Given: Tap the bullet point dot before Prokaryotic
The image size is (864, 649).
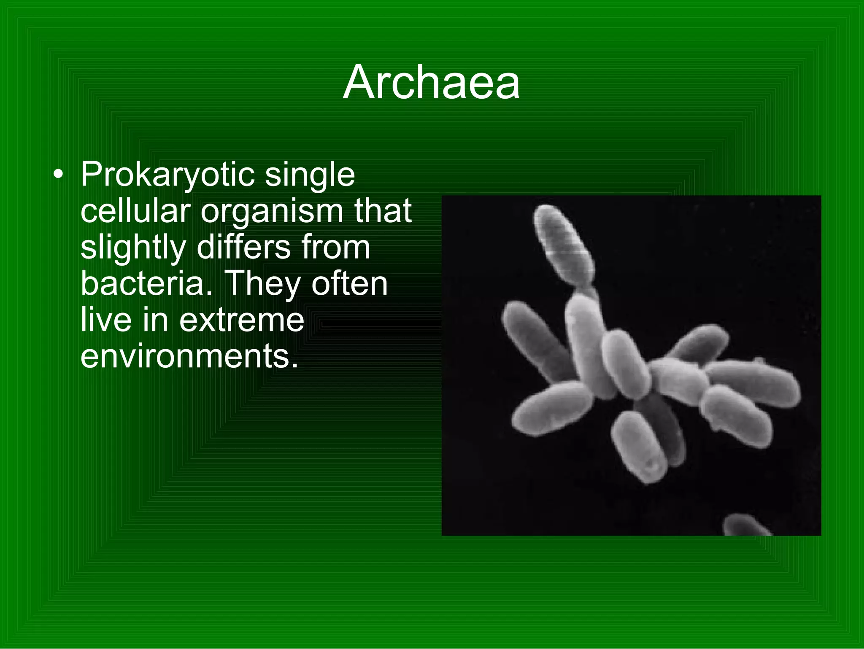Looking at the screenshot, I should click(59, 175).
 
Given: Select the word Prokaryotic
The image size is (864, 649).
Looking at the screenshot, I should click(167, 175).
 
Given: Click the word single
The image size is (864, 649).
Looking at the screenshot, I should click(310, 175).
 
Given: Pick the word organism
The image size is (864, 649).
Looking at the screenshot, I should click(272, 212).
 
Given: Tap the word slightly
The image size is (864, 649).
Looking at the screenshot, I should click(133, 248).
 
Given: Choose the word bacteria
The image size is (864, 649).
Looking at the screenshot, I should click(146, 283).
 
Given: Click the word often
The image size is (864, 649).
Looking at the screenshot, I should click(349, 283).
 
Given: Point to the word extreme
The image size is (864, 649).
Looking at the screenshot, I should click(241, 320).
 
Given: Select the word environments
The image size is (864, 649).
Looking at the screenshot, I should click(189, 356).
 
